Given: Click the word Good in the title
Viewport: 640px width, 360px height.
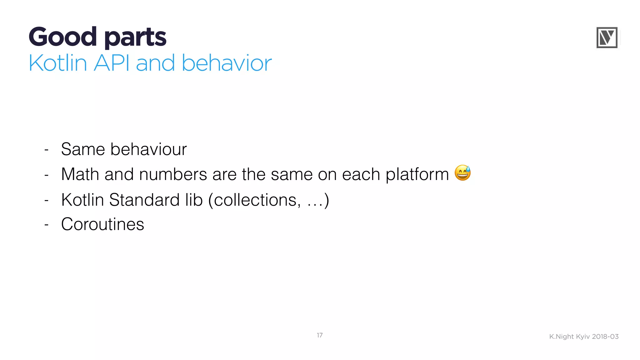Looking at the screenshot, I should (x=62, y=37).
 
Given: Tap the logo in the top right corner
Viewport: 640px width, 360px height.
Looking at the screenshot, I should (x=607, y=37).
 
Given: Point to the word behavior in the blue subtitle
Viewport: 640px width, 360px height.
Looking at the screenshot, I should (x=227, y=63).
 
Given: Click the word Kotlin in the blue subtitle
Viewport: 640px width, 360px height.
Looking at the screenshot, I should (x=58, y=63).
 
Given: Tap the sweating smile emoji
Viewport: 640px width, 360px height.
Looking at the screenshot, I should (x=462, y=173).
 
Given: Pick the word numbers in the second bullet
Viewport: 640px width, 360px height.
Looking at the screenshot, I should (x=173, y=174).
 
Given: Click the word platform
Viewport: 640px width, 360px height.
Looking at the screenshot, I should (x=417, y=175).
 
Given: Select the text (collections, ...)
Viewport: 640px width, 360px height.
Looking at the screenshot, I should (x=269, y=200).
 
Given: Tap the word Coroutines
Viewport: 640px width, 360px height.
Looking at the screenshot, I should (x=102, y=224).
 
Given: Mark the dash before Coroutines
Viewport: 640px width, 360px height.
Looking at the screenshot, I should (x=47, y=225).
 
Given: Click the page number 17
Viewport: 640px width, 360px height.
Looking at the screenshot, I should (x=319, y=335).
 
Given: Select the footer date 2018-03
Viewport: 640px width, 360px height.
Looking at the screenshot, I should (x=605, y=337).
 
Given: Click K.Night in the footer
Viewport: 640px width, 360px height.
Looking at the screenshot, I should (x=562, y=337).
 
